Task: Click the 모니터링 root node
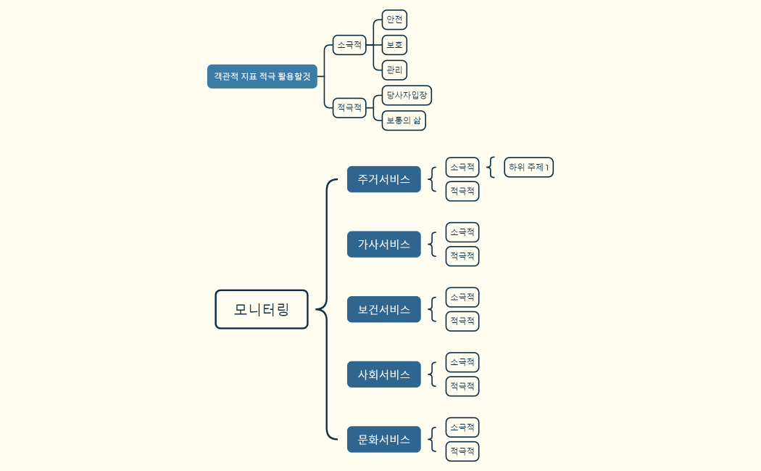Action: (x=262, y=309)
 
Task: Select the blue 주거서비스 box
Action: (x=383, y=179)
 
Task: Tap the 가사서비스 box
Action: (x=383, y=245)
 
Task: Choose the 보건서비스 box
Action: (x=383, y=309)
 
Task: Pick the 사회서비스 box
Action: (x=383, y=374)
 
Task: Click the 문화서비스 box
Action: (x=383, y=439)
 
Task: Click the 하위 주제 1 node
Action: (x=528, y=167)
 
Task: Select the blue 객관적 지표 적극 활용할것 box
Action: (x=262, y=76)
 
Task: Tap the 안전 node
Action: (x=394, y=20)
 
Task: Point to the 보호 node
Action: (x=394, y=45)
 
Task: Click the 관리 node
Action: (x=394, y=70)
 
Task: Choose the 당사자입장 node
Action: (x=407, y=95)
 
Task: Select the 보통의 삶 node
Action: (x=404, y=120)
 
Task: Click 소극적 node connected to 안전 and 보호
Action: (x=349, y=45)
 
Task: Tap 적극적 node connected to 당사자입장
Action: (x=349, y=107)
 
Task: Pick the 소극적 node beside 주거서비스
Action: (x=462, y=167)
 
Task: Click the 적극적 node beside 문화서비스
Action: (x=462, y=451)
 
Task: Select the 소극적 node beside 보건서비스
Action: (x=462, y=297)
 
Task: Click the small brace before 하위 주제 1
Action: (x=491, y=167)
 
